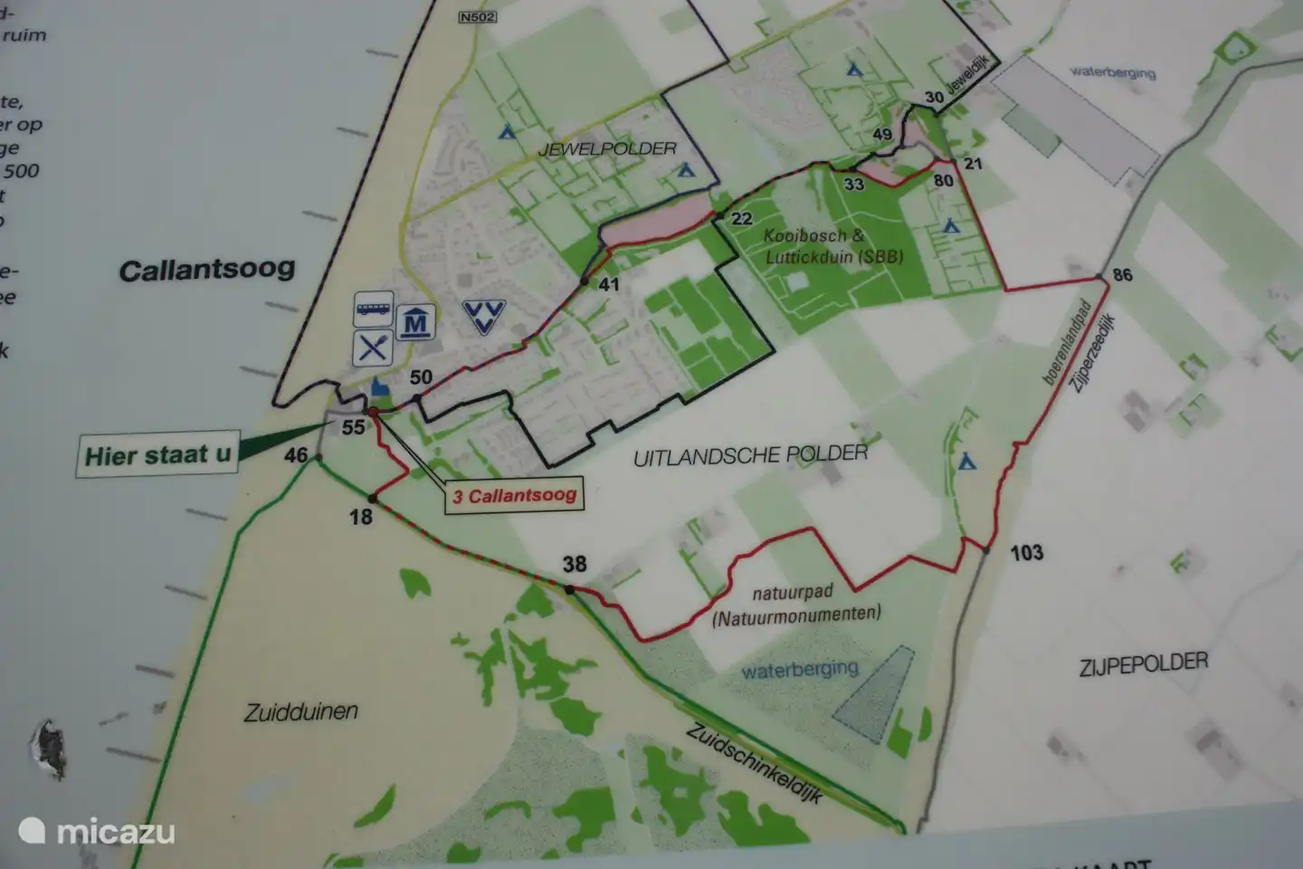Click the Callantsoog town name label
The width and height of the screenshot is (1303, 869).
(207, 269)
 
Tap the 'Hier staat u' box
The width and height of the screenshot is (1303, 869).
(157, 454)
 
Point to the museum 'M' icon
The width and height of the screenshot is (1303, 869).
(415, 322)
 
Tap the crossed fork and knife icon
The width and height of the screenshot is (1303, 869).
(373, 349)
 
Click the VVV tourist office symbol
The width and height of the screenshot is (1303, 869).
(483, 317)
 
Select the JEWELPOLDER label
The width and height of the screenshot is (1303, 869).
(607, 148)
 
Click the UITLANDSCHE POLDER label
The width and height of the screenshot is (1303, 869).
(750, 454)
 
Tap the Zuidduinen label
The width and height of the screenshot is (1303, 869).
(300, 712)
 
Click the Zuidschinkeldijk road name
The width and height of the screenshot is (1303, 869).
(754, 761)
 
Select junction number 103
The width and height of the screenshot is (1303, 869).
(1026, 552)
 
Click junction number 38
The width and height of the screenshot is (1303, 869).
(575, 565)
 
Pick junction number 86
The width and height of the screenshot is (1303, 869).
(1122, 274)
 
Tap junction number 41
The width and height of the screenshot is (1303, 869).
(609, 284)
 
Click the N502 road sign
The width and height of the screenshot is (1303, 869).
(476, 16)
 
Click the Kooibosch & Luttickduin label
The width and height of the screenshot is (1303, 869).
(832, 245)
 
